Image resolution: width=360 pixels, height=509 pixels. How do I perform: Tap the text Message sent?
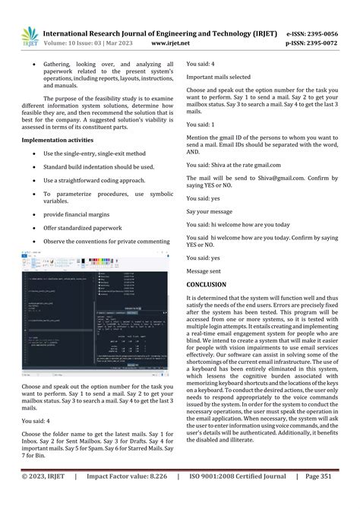click(x=204, y=270)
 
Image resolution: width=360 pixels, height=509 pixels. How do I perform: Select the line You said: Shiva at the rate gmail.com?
click(x=226, y=163)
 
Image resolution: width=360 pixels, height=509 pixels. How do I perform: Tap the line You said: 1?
click(x=201, y=123)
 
